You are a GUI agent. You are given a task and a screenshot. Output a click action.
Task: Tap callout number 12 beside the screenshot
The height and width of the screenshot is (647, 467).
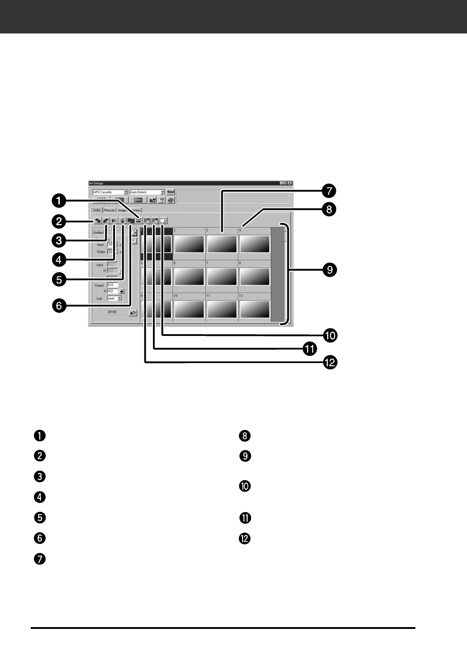(x=330, y=362)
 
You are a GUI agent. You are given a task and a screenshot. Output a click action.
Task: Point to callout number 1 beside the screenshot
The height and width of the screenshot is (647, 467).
(x=59, y=200)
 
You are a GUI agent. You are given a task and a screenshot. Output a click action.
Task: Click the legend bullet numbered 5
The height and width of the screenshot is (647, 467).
(x=40, y=517)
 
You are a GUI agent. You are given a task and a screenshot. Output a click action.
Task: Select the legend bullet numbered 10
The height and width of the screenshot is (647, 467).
(x=245, y=486)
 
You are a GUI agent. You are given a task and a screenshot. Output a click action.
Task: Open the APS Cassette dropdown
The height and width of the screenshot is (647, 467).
(x=110, y=192)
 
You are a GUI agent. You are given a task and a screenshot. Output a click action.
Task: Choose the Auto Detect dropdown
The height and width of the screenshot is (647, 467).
(x=148, y=192)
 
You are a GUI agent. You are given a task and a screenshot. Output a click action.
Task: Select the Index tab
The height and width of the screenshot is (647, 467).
(x=97, y=210)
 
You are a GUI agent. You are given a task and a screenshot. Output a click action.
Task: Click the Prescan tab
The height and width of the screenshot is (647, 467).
(x=110, y=210)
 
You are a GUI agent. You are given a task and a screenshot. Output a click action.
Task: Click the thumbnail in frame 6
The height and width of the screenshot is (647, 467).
(x=189, y=276)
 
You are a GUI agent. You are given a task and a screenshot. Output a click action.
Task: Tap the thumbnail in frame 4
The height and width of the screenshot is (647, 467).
(x=255, y=244)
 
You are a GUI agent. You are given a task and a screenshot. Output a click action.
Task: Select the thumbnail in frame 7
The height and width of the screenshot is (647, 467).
(x=222, y=276)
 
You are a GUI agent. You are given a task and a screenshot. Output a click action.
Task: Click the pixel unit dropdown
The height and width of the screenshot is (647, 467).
(x=114, y=298)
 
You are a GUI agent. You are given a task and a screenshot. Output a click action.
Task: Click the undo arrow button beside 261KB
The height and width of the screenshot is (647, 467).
(x=133, y=313)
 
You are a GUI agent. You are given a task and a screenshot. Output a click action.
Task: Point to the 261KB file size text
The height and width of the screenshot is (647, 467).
(x=112, y=312)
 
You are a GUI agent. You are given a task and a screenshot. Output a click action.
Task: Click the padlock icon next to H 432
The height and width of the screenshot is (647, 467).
(x=121, y=292)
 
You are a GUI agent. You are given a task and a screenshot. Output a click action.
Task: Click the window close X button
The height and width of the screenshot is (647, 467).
(x=290, y=183)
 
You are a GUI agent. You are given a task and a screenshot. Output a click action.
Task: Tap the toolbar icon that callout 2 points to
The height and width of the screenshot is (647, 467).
(x=98, y=221)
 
